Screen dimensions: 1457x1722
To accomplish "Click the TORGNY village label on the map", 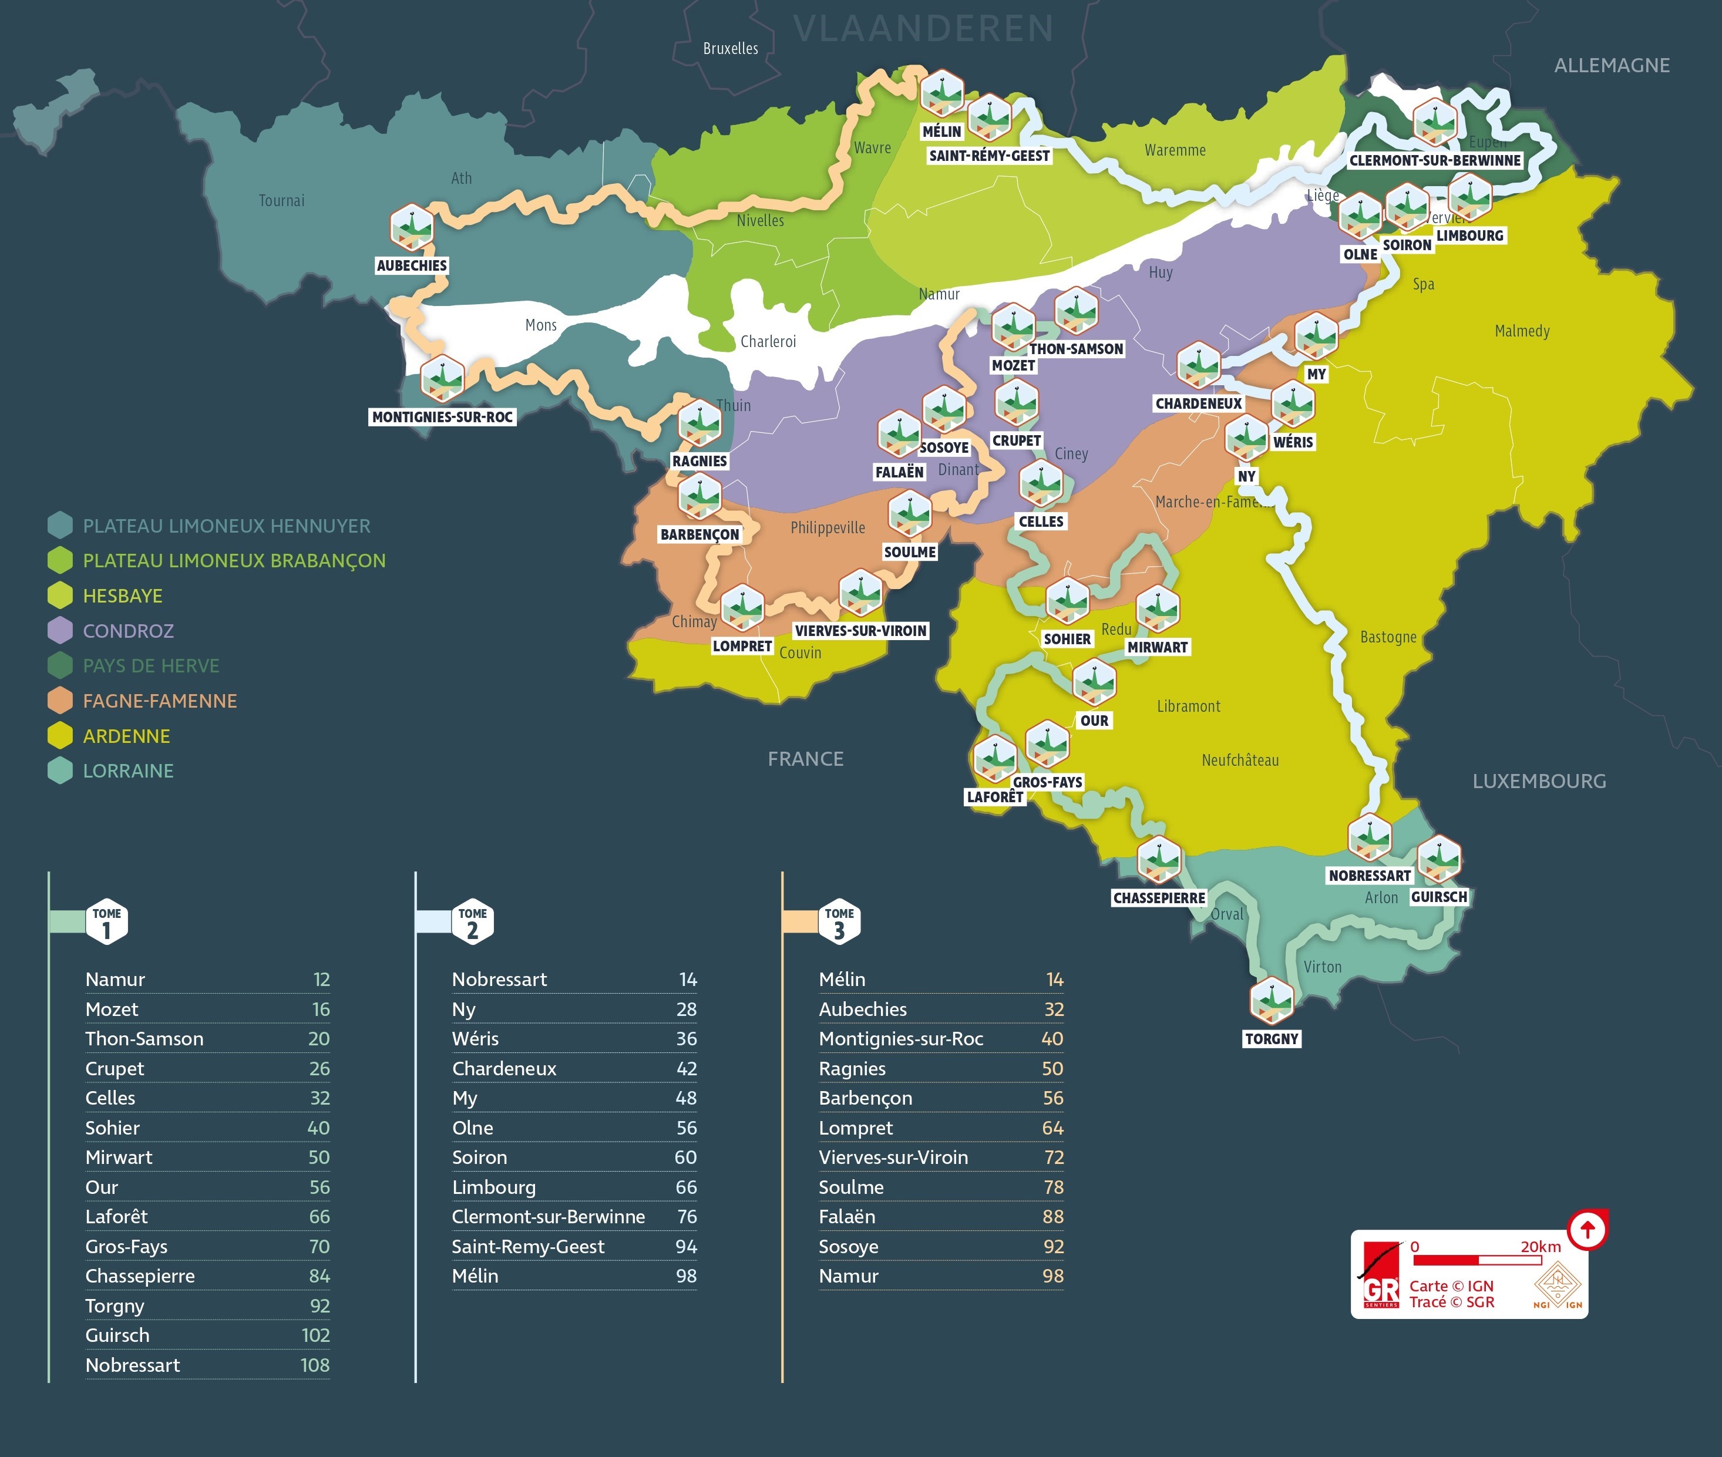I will pyautogui.click(x=1272, y=1039).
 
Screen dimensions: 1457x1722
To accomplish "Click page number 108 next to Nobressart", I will pyautogui.click(x=315, y=1365).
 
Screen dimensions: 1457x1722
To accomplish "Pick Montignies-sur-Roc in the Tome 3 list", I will pyautogui.click(x=900, y=1039).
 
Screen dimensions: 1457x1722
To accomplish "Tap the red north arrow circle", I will pyautogui.click(x=1586, y=1230).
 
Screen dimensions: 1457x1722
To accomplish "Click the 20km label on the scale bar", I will pyautogui.click(x=1541, y=1246).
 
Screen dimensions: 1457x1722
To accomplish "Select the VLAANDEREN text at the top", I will pyautogui.click(x=923, y=29).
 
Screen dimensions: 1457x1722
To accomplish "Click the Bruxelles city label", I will pyautogui.click(x=730, y=49).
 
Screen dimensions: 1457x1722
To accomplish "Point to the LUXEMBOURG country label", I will pyautogui.click(x=1539, y=782).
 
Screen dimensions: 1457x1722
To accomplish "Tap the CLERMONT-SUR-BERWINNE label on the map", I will pyautogui.click(x=1435, y=160).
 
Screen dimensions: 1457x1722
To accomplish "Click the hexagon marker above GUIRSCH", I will pyautogui.click(x=1439, y=859).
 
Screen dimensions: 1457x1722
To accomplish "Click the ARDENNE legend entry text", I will pyautogui.click(x=126, y=736).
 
